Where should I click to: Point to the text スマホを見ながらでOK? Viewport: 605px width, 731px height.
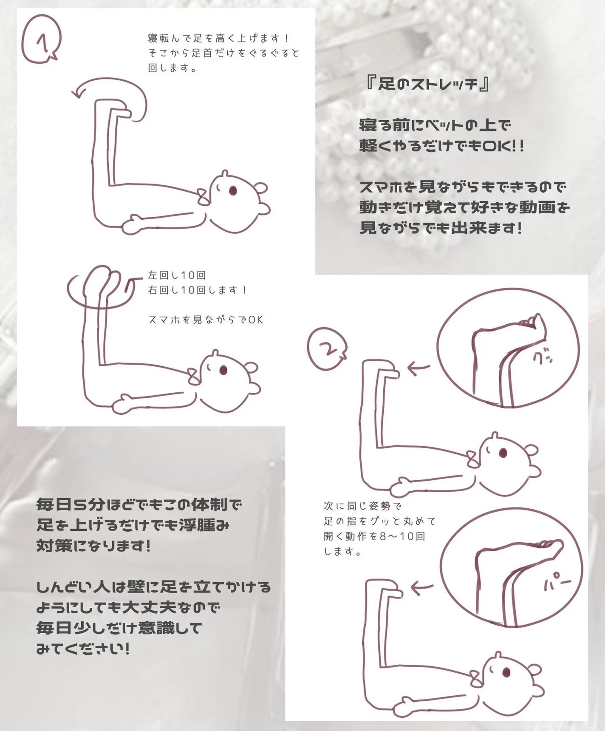point(206,320)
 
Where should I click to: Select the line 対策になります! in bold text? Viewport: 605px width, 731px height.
point(93,546)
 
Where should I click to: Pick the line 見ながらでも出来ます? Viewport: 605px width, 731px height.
point(441,229)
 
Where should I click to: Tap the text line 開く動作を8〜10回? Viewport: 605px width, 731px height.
point(374,536)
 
